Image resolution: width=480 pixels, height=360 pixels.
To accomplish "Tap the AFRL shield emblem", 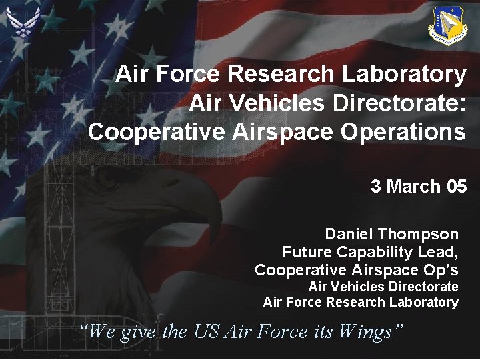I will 447,26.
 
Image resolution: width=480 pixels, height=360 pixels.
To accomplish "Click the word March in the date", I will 413,187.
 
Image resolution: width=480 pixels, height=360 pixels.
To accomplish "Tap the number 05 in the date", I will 457,187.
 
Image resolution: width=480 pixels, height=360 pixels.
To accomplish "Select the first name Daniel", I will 349,235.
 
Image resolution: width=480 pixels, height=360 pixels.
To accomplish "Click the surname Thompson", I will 418,235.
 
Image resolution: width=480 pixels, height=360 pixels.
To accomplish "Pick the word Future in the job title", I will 307,253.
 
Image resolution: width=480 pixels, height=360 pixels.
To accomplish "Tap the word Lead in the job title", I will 441,253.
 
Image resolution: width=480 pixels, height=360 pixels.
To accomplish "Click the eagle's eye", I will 107,179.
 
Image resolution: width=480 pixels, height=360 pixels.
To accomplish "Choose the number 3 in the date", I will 376,187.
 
